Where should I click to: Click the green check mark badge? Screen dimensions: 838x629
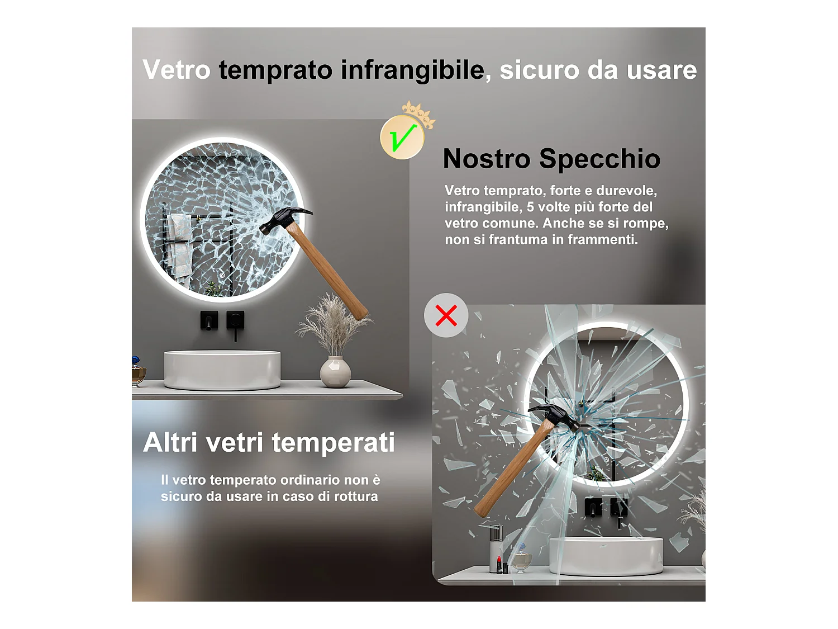tap(402, 138)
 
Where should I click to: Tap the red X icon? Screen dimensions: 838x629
tap(446, 315)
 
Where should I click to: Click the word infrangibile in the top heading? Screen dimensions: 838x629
tap(413, 70)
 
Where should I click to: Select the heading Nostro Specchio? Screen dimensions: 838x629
tap(551, 159)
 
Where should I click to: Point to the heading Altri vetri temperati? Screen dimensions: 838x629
tap(269, 443)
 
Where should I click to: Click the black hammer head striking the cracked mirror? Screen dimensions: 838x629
tap(285, 221)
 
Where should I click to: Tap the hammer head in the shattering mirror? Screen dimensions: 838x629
tap(554, 418)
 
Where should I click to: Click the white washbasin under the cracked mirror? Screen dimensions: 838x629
tap(222, 370)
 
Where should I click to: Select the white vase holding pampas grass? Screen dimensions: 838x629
tap(335, 371)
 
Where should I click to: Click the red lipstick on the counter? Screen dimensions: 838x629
tap(499, 565)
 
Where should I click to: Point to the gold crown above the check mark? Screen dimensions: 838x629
tap(419, 114)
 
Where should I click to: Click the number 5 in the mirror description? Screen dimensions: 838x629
tap(530, 207)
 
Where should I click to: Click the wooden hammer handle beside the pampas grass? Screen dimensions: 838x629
tap(327, 272)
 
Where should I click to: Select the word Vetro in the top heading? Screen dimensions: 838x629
tap(177, 70)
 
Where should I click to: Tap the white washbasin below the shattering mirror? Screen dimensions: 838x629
tap(606, 556)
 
